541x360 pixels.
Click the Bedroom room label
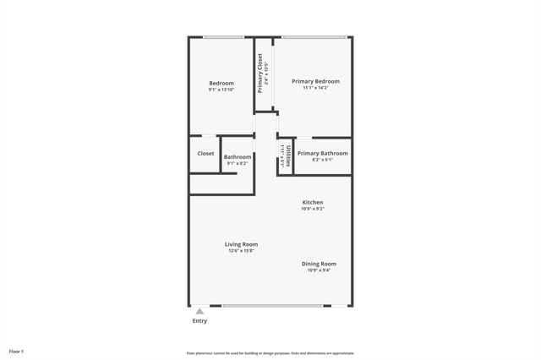221,83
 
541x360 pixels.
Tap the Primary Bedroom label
315,81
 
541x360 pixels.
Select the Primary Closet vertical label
260,74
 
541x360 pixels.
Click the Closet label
205,154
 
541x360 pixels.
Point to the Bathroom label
237,156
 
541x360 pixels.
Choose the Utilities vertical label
288,157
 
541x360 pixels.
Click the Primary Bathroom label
323,153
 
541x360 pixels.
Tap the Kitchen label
313,202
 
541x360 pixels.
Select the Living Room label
241,244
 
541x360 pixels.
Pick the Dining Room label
320,264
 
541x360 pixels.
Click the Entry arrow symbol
199,310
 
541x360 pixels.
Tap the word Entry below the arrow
199,321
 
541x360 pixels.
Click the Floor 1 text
17,351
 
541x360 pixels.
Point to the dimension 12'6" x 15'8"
241,251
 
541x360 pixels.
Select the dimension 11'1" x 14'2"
315,88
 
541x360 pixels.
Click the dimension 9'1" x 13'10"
221,90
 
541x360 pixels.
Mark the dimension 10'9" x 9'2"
313,209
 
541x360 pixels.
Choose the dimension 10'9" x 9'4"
320,270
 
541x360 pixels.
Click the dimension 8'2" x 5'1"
323,160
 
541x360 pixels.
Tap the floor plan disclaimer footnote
270,353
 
